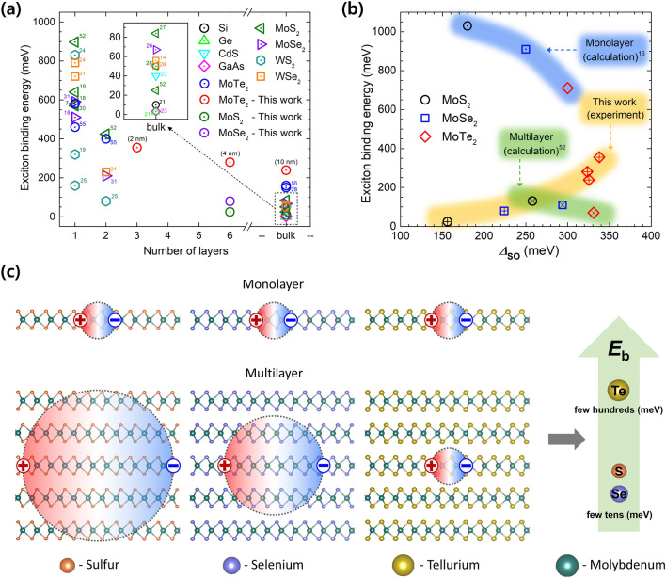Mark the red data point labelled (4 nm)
(230, 162)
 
